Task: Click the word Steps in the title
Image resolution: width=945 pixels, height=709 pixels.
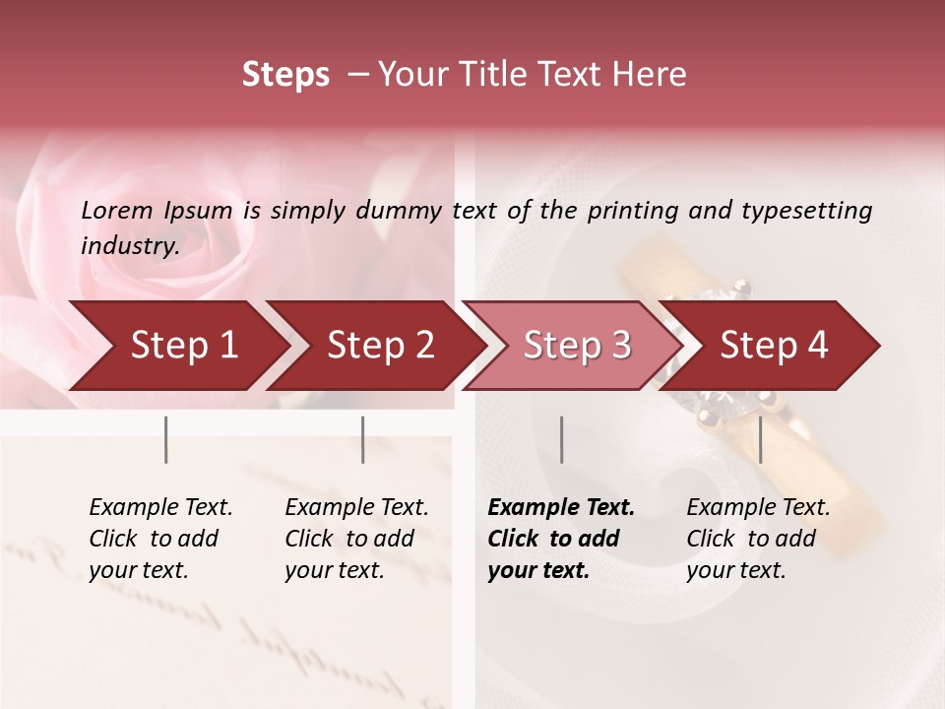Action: coord(285,75)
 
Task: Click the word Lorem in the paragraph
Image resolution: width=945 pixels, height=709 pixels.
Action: coord(117,210)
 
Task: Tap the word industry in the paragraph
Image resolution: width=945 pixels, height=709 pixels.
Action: coord(129,245)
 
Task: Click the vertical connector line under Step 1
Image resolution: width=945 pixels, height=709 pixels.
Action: coord(165,439)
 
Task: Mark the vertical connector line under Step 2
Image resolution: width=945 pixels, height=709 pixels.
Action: coord(362,439)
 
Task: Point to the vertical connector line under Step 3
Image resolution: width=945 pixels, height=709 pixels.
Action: coord(561,439)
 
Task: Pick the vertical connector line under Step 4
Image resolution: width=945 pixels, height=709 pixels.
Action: coord(760,439)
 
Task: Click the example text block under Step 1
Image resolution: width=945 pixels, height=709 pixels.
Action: coord(160,539)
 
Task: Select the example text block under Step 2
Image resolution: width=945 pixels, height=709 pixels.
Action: coord(356,539)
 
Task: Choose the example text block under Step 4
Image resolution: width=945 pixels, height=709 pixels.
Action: coord(758,539)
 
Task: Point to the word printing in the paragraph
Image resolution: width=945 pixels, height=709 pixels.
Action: coord(624,210)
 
